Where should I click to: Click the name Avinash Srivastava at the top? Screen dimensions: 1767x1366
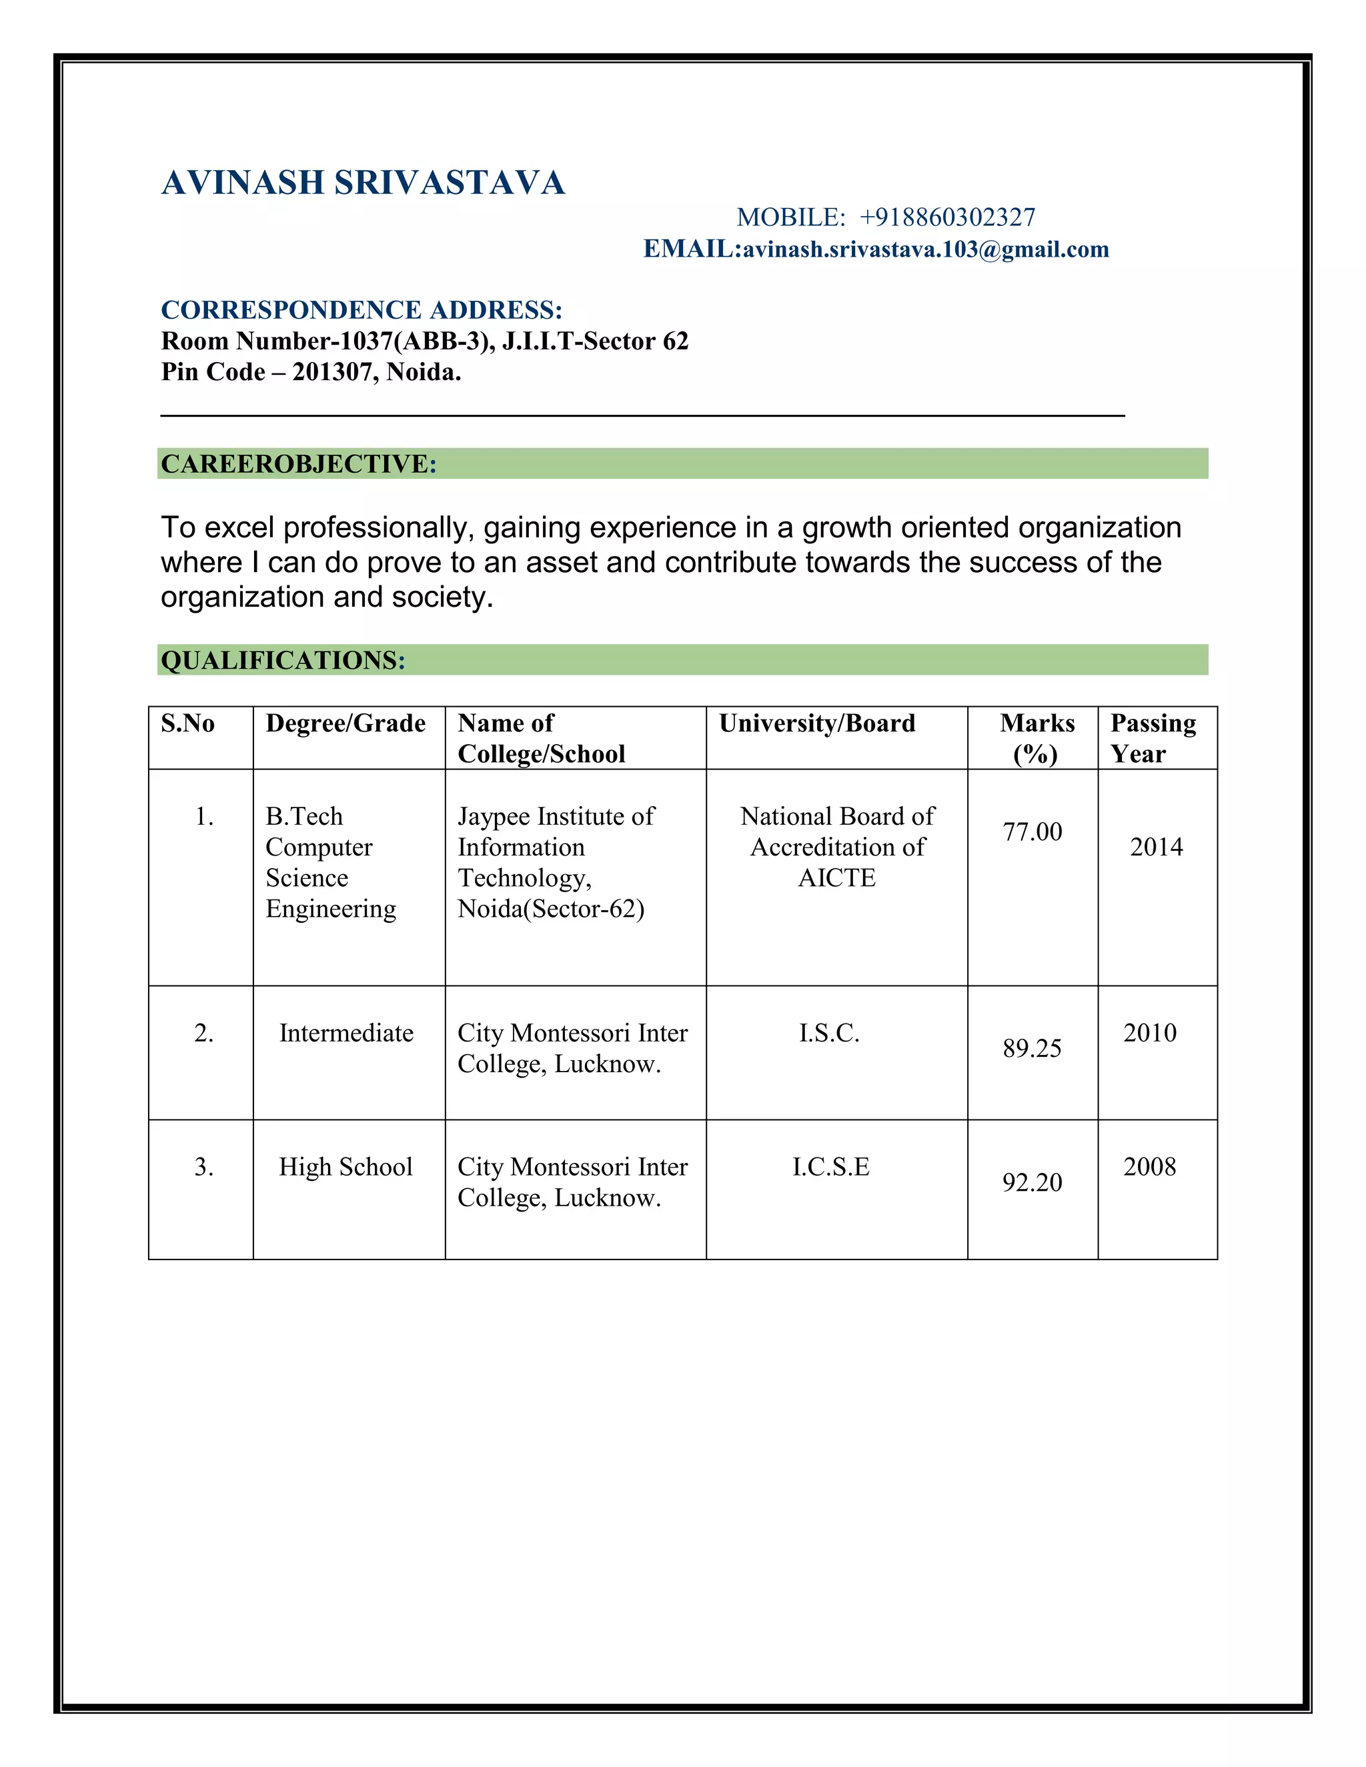pos(363,183)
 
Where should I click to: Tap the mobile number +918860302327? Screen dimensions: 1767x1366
pos(947,217)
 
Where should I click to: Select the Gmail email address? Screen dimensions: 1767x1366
pos(926,249)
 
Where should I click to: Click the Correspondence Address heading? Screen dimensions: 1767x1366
pos(361,310)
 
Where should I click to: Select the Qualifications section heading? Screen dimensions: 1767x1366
pos(282,660)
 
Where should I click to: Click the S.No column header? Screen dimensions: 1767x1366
pos(187,723)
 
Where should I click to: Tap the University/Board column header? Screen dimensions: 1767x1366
pos(816,723)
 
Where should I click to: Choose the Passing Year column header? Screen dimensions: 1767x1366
pos(1153,738)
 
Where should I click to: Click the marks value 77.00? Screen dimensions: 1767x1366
pos(1032,831)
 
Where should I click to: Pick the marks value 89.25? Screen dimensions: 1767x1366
pos(1032,1049)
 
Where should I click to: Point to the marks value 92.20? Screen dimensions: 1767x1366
pos(1032,1183)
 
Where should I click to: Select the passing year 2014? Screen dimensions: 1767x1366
pos(1157,847)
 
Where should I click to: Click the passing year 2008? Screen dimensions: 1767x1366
pos(1149,1167)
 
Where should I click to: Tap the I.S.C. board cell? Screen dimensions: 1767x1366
pos(830,1033)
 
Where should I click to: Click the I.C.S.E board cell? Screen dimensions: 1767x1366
pos(831,1167)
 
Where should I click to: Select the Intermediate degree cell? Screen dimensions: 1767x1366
pos(346,1033)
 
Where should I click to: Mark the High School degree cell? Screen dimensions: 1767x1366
pos(346,1167)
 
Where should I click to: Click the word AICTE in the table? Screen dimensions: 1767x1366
pos(837,878)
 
